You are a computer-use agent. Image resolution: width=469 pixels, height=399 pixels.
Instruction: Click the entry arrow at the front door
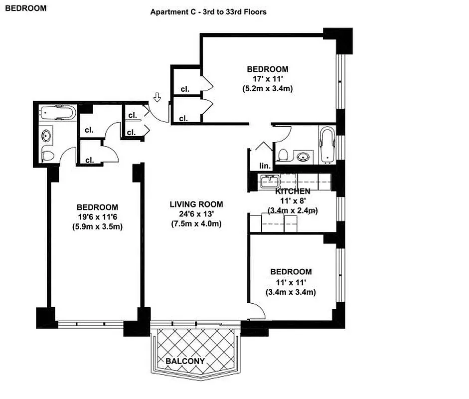click(x=157, y=97)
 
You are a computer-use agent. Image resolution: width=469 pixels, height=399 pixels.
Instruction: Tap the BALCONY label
click(x=185, y=361)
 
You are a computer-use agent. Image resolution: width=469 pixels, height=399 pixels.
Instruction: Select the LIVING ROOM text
click(x=196, y=204)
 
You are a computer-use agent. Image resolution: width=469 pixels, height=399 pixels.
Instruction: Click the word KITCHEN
click(x=293, y=191)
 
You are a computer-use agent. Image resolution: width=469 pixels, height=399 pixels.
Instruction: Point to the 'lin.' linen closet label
click(x=264, y=166)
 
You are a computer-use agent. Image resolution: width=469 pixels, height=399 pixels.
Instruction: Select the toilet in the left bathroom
click(x=48, y=155)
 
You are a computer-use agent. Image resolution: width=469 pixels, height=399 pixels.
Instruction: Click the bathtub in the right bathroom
click(x=327, y=145)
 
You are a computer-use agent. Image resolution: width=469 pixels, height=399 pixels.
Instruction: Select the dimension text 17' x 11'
click(x=268, y=79)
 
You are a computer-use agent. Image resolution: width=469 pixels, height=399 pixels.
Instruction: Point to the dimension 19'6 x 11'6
click(x=97, y=217)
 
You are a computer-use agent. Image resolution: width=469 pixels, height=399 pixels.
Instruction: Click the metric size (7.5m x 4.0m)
click(x=196, y=224)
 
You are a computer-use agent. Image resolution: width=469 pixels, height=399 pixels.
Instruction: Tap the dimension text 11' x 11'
click(x=291, y=282)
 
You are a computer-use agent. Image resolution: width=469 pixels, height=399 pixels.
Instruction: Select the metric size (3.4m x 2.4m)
click(x=293, y=210)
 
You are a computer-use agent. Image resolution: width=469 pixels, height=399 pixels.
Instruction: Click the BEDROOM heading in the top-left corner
click(x=26, y=8)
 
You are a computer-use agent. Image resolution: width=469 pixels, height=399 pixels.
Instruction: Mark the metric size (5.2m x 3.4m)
click(x=268, y=89)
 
